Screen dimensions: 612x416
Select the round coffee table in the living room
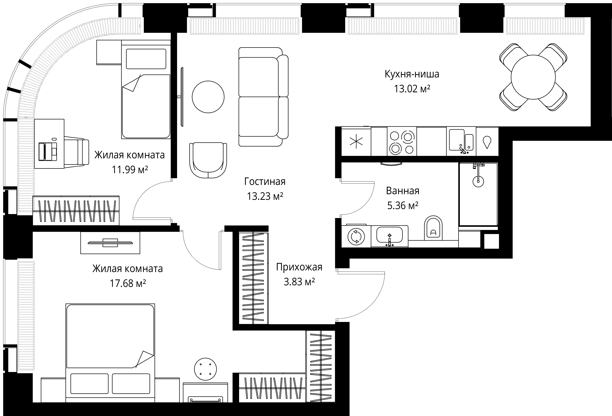click(x=208, y=97)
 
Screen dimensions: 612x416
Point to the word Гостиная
click(x=265, y=182)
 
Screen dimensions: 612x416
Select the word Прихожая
click(x=299, y=267)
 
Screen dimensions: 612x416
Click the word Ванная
click(x=403, y=191)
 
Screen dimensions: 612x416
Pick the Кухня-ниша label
click(x=412, y=74)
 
